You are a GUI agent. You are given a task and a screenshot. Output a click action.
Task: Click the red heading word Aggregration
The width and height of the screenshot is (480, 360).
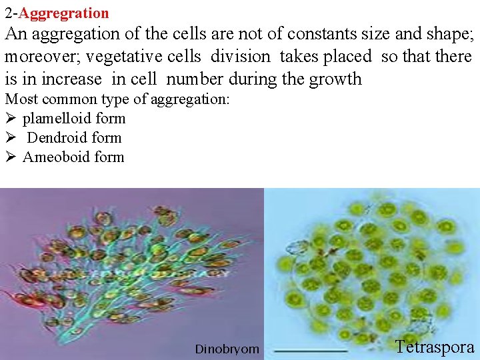coord(65,13)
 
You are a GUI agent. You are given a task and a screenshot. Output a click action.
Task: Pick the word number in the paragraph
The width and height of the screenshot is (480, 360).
coord(194,79)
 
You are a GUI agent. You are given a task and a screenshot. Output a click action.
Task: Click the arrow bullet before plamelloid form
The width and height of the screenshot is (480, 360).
coord(10,119)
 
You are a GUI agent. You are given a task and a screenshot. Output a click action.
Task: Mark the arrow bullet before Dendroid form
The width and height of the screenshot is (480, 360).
coord(10,138)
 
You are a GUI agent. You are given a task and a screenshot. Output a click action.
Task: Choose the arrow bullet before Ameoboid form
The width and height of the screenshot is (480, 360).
coord(10,157)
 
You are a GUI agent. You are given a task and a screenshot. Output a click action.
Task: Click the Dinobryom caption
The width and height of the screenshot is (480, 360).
coord(227,349)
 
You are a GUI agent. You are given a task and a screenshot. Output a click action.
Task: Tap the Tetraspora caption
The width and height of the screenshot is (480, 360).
coord(435,347)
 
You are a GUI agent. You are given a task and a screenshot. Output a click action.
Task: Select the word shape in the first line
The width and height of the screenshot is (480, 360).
coord(448,34)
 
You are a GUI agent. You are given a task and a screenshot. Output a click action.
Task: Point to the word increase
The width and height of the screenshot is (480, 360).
coord(73,79)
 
